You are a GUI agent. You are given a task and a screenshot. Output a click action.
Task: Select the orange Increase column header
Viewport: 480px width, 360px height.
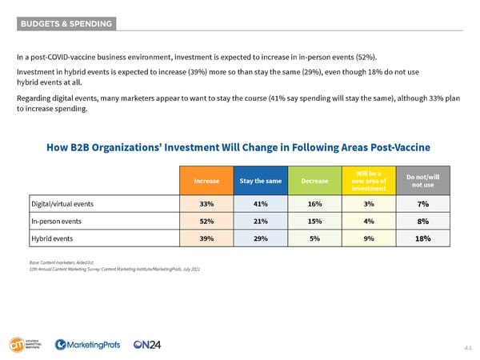tap(206, 181)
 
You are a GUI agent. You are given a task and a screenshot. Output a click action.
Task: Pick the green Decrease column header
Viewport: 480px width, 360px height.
tap(314, 181)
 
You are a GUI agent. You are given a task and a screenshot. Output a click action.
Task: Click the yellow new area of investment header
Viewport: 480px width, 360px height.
tap(370, 181)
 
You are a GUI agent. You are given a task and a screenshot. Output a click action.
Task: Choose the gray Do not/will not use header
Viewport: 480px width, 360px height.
tap(423, 181)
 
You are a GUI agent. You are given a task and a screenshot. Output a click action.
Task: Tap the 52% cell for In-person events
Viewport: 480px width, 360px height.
tap(206, 220)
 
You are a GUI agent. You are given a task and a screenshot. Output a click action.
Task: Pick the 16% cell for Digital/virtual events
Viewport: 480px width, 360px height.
tap(314, 203)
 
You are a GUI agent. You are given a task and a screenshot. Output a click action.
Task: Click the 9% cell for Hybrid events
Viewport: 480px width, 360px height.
tap(370, 238)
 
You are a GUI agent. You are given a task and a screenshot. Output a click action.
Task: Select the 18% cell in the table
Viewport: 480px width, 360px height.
tap(423, 238)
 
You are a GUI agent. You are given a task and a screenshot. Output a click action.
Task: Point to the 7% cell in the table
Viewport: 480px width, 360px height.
tap(423, 203)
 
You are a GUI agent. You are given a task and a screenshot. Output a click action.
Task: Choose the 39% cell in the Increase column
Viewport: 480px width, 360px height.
tap(206, 238)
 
